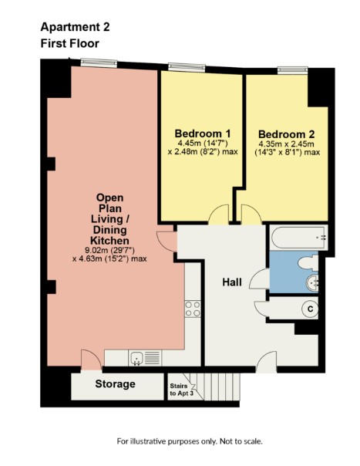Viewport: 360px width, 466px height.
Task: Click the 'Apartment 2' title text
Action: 75,26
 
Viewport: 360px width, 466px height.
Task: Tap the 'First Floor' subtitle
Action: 69,44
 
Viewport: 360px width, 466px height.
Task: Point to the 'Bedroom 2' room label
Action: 287,132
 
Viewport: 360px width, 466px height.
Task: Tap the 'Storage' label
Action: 115,384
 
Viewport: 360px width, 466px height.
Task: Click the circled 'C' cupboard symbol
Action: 310,309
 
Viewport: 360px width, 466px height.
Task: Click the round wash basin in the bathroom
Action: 312,282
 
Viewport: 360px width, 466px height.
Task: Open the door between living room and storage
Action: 90,360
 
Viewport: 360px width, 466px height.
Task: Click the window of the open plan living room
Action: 93,63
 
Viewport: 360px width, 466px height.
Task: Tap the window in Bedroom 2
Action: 289,69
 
